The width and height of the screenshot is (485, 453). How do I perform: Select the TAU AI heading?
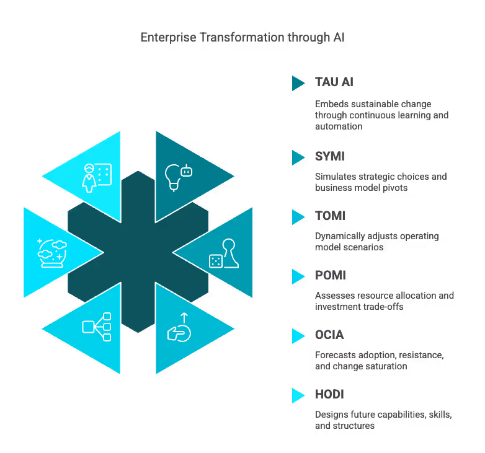(334, 82)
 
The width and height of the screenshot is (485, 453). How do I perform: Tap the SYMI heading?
(329, 157)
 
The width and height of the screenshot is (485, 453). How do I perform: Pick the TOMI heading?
(329, 216)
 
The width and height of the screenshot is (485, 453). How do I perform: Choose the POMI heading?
(330, 276)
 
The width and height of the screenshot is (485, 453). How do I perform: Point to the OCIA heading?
(329, 335)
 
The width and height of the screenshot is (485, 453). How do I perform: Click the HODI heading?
(329, 395)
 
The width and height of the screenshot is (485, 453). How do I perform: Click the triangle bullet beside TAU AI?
(298, 83)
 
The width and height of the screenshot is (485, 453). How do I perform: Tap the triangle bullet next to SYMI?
(298, 157)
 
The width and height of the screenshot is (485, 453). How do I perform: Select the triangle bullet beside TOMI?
(298, 217)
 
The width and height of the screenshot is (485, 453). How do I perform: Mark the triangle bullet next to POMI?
(298, 276)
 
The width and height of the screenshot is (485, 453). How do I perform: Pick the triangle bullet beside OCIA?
(298, 336)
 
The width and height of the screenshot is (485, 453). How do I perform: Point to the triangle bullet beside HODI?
(298, 395)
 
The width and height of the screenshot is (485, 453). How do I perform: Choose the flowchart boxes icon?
(96, 327)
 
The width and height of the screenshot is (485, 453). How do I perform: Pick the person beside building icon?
(96, 176)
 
